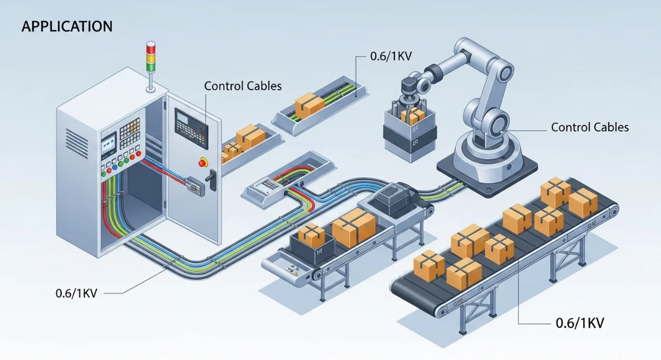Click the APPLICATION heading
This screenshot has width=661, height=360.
(67, 26)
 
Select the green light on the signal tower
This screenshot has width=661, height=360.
(151, 67)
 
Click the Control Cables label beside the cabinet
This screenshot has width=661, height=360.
(243, 86)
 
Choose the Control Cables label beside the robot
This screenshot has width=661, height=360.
(589, 127)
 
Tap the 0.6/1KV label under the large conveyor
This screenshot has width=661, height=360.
(577, 323)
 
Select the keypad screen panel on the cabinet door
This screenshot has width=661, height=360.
(191, 128)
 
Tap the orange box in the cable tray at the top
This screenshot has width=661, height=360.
(309, 105)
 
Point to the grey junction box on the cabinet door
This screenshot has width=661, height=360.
(196, 186)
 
